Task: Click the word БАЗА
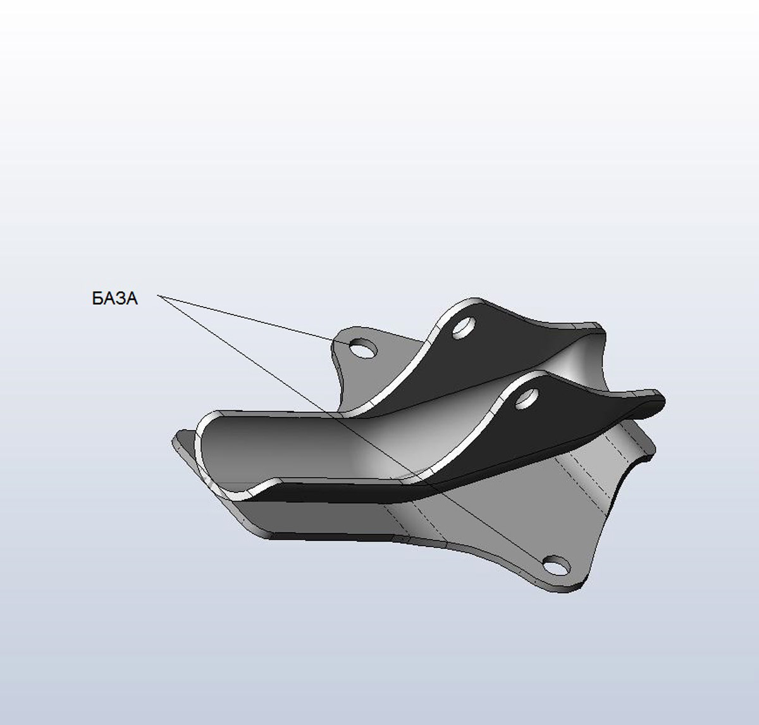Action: pyautogui.click(x=115, y=299)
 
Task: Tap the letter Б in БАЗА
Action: pyautogui.click(x=97, y=299)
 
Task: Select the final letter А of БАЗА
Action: pyautogui.click(x=132, y=299)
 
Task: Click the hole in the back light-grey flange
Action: pyautogui.click(x=363, y=348)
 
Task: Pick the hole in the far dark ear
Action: pyautogui.click(x=464, y=327)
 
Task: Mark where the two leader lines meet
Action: pyautogui.click(x=157, y=296)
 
